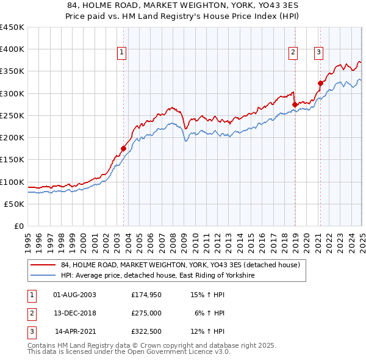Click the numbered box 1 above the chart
point(122,53)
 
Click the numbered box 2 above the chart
point(293,53)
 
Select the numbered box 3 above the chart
point(318,53)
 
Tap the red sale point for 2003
point(123,148)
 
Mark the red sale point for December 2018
point(295,104)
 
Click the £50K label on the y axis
point(15,204)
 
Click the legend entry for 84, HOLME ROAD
point(180,265)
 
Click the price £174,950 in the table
point(146,295)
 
